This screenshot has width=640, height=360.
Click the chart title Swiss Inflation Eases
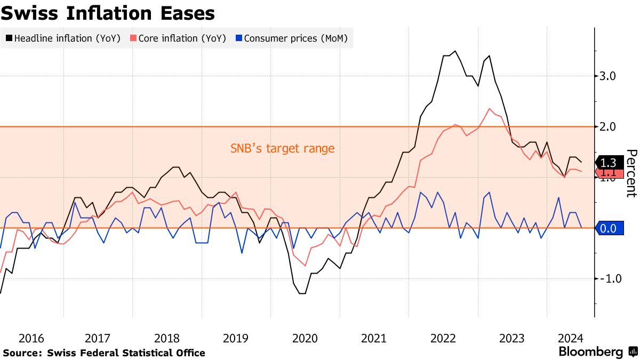108,13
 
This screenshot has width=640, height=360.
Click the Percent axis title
631,173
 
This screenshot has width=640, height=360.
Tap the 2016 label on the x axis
31,339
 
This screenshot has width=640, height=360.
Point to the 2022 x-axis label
443,339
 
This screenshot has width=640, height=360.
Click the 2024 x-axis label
570,339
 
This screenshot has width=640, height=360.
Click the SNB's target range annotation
283,148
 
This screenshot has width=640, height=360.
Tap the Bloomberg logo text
590,352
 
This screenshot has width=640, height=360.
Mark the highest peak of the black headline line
455,51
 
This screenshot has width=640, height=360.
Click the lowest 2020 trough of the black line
302,293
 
